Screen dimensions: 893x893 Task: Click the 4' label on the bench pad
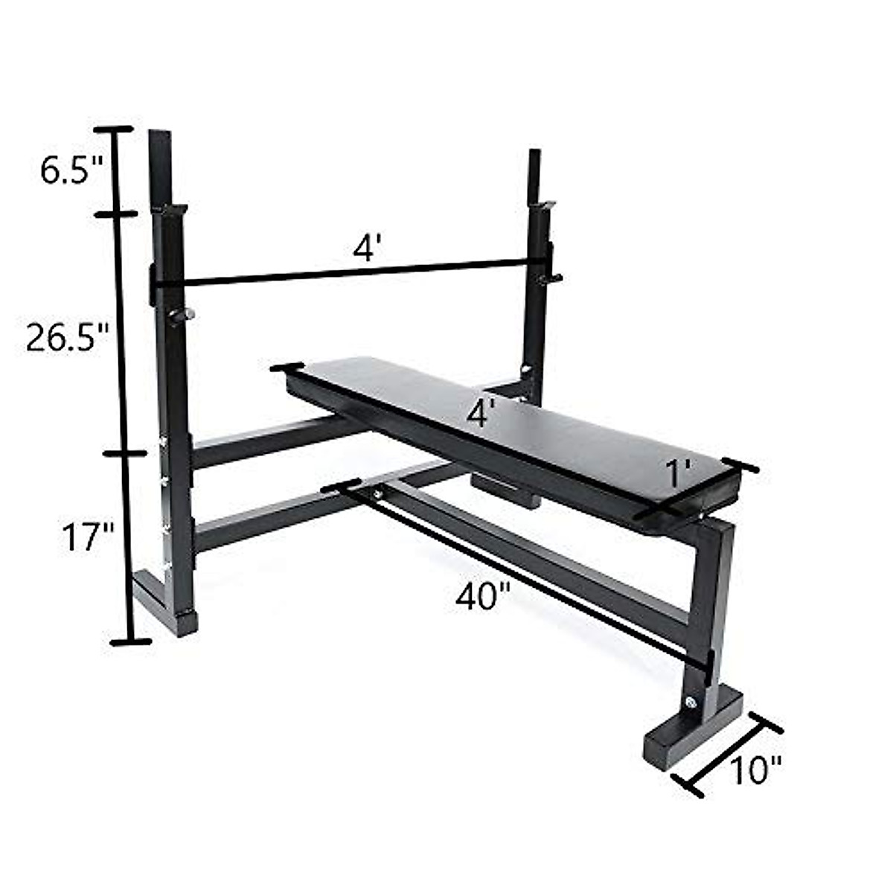click(481, 414)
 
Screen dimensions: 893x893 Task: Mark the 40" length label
click(483, 596)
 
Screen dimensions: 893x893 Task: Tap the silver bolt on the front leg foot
click(693, 701)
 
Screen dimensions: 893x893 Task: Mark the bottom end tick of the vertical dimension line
click(130, 641)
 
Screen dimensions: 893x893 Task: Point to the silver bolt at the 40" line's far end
click(379, 493)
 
